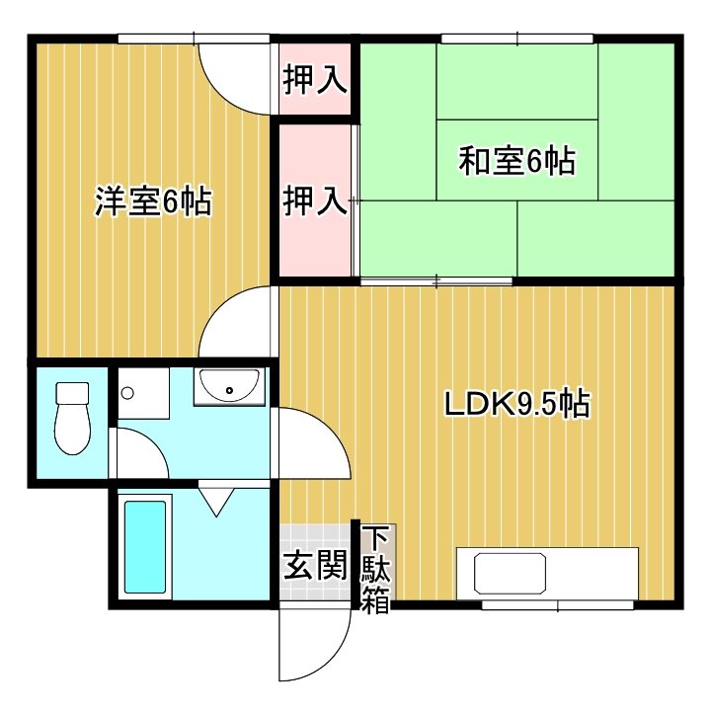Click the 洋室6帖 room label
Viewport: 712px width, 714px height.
point(152,201)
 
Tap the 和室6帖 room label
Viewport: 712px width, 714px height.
point(516,160)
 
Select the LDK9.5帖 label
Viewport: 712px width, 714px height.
point(515,404)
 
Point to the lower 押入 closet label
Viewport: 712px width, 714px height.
point(315,201)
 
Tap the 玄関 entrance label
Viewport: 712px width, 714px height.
point(315,566)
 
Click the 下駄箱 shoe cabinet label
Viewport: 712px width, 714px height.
point(374,571)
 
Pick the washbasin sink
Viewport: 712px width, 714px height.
point(229,386)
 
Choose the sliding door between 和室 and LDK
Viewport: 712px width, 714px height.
point(435,282)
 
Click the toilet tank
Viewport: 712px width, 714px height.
point(72,393)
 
